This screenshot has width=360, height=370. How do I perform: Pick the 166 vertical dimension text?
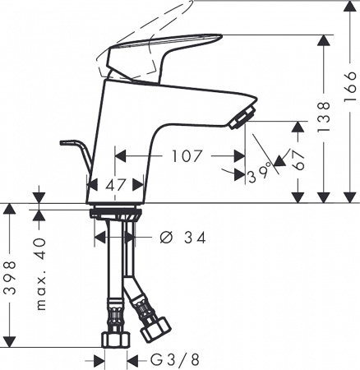351,84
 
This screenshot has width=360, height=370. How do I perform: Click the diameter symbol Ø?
164,238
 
